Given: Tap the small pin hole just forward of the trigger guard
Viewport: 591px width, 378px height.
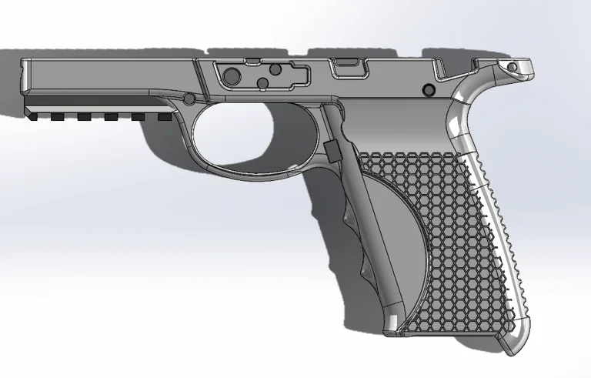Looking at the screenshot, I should pyautogui.click(x=189, y=98).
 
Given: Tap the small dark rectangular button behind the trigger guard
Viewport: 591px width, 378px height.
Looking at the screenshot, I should pyautogui.click(x=333, y=150).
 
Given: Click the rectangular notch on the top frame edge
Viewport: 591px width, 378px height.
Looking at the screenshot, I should pyautogui.click(x=348, y=67).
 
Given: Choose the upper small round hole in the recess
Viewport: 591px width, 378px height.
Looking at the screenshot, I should pyautogui.click(x=263, y=69).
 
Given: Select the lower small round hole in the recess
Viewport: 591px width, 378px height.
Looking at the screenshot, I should pyautogui.click(x=263, y=82).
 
